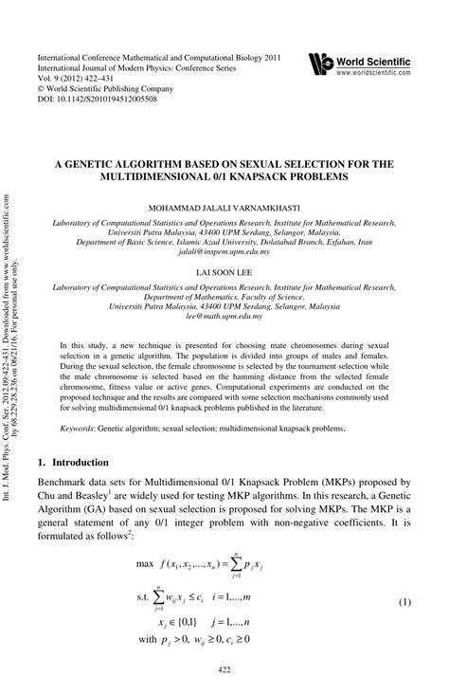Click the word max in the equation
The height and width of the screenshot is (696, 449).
pos(146,564)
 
